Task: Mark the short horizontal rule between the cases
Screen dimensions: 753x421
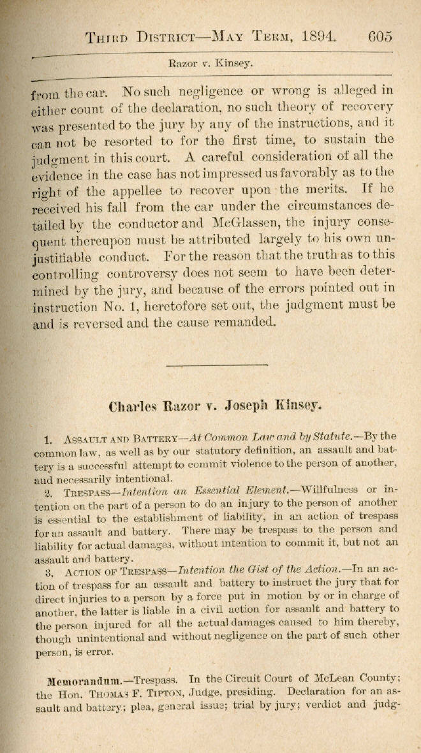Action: [216, 365]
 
